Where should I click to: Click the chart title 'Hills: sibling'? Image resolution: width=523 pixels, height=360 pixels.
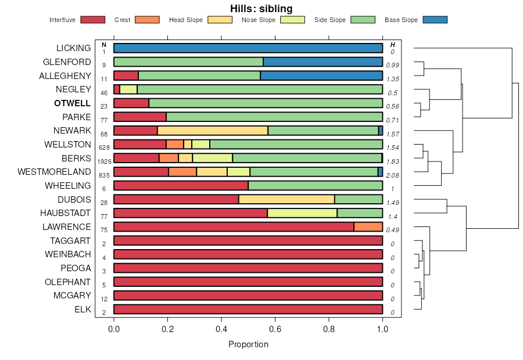pos(261,9)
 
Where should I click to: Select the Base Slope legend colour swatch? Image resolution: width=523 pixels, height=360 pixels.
pos(435,20)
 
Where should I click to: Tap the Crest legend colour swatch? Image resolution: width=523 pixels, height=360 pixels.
pos(147,20)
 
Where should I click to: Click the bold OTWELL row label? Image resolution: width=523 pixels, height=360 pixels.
pos(72,103)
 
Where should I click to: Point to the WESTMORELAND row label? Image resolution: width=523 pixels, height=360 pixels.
pos(54,172)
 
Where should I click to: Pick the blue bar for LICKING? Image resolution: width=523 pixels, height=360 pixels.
pos(248,48)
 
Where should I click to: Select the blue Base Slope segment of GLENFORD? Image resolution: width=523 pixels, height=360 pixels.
pos(323,62)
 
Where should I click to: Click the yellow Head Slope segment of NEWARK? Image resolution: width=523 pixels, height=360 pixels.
pos(212,131)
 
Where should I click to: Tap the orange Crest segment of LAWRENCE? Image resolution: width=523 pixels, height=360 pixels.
pos(368,227)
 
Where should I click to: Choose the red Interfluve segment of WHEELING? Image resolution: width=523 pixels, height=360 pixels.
pos(181,186)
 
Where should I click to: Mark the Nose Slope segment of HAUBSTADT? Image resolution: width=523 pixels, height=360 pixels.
pos(302,213)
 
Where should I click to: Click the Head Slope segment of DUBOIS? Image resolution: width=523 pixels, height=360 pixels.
pos(286,199)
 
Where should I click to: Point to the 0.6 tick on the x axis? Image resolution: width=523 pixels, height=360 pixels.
pos(275,328)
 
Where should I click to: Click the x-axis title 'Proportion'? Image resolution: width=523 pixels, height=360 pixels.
pos(248,344)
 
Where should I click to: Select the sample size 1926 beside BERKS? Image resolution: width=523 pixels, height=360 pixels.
pos(103,161)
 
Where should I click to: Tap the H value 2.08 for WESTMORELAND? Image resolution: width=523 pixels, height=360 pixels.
pos(393,175)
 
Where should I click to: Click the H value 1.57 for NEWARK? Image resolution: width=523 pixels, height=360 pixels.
pos(393,134)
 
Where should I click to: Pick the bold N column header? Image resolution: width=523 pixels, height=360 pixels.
pos(103,45)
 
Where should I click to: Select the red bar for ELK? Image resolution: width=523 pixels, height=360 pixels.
pos(248,309)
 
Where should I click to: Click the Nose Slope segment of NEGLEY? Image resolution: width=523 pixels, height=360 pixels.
pos(128,89)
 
